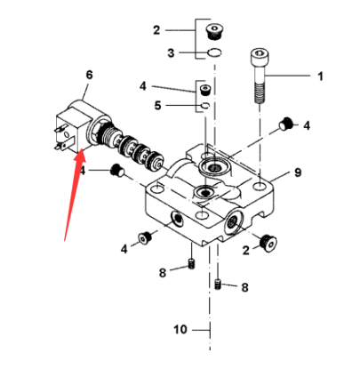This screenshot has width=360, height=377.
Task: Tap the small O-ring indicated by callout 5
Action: tap(204, 106)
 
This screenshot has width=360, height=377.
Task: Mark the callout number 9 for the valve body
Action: tap(297, 171)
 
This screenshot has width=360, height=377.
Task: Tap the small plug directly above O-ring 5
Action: tap(204, 90)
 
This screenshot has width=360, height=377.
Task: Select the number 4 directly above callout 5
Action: tap(142, 86)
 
